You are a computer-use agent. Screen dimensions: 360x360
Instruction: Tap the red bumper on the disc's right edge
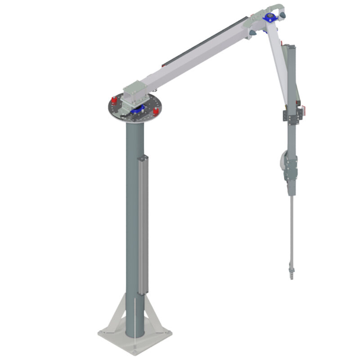click(x=155, y=111)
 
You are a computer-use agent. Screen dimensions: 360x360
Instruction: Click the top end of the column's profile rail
click(x=143, y=157)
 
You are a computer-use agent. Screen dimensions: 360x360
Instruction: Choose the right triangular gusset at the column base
click(x=153, y=315)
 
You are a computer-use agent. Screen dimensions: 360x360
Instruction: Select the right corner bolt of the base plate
click(x=169, y=333)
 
